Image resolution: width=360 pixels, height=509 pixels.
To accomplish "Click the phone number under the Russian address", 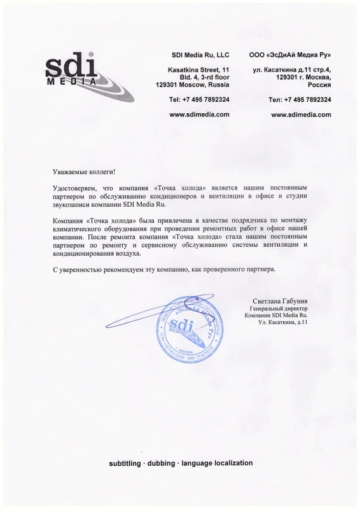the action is [x=300, y=100].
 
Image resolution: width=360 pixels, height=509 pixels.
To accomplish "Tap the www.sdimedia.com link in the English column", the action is [x=200, y=115].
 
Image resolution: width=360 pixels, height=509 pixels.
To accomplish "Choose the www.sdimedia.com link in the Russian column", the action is [x=301, y=115].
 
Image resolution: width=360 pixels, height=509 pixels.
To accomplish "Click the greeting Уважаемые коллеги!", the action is [x=85, y=172].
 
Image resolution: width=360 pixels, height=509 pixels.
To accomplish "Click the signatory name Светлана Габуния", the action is [x=280, y=300].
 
